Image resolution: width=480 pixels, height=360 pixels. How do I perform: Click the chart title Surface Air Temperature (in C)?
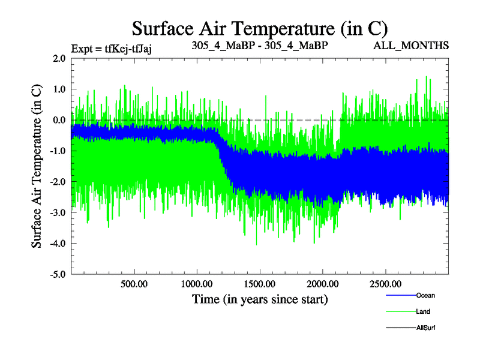click(260, 29)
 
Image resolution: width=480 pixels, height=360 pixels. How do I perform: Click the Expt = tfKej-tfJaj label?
click(112, 49)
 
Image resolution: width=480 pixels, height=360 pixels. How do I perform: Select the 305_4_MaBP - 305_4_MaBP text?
click(260, 46)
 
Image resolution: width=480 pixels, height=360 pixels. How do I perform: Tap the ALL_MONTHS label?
click(411, 46)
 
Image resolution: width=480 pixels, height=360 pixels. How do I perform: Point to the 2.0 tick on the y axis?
click(59, 58)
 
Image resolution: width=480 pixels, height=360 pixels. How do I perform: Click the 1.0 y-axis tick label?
click(59, 89)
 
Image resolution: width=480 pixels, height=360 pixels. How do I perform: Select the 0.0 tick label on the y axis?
click(59, 120)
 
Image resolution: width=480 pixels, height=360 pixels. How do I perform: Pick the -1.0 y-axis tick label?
click(58, 151)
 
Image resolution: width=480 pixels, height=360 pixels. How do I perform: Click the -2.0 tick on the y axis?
click(58, 182)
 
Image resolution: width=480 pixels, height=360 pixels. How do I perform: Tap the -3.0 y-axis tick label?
click(58, 212)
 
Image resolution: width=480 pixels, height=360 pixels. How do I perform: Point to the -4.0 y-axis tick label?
click(58, 244)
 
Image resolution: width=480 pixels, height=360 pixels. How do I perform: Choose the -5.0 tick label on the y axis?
click(58, 274)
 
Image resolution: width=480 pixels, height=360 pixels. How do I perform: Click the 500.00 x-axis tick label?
click(134, 284)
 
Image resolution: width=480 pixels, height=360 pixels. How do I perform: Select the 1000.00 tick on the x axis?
click(197, 284)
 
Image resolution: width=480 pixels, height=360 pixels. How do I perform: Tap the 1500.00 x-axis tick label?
click(260, 284)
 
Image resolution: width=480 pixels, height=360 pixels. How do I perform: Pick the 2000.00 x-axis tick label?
click(323, 284)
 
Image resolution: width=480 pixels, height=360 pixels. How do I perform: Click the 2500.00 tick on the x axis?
click(385, 284)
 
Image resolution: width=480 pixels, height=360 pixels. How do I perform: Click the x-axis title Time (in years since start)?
click(260, 299)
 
